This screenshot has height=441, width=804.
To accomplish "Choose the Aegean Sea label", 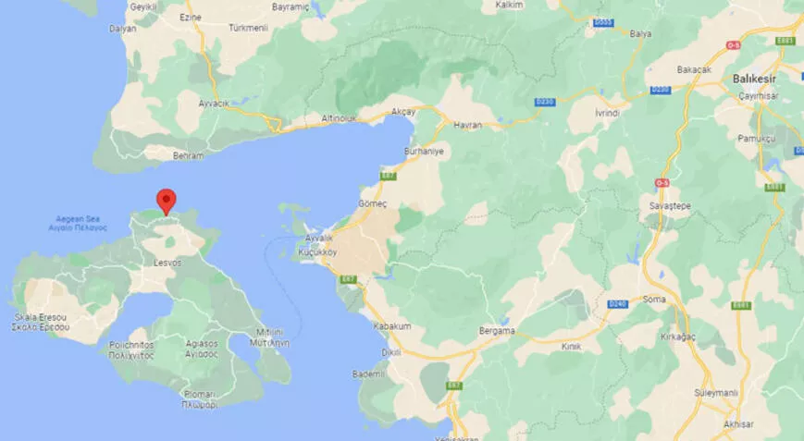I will click(x=79, y=222).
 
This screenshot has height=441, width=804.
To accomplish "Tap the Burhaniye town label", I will click(x=425, y=150).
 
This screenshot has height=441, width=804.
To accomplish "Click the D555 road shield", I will click(x=604, y=21).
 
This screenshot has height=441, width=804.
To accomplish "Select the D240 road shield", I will click(x=617, y=303).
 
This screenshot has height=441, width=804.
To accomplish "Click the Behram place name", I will click(x=188, y=156).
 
